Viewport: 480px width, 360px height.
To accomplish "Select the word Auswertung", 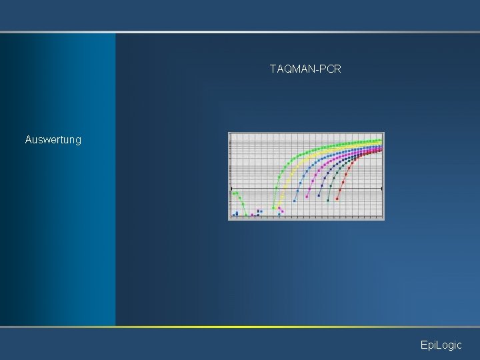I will (x=53, y=140).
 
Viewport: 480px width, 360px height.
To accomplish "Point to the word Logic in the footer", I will (x=448, y=345).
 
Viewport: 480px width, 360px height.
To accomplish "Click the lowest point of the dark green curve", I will (x=328, y=199).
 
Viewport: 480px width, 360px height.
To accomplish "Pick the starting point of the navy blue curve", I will (x=319, y=197).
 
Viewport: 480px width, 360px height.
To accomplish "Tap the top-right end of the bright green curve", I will (x=381, y=139).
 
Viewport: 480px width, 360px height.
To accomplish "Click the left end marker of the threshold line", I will (x=231, y=189).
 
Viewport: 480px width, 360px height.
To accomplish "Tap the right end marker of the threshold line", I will (x=382, y=189).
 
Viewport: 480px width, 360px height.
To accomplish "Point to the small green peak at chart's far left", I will (x=235, y=193).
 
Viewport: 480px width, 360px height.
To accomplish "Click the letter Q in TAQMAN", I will (x=284, y=69).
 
